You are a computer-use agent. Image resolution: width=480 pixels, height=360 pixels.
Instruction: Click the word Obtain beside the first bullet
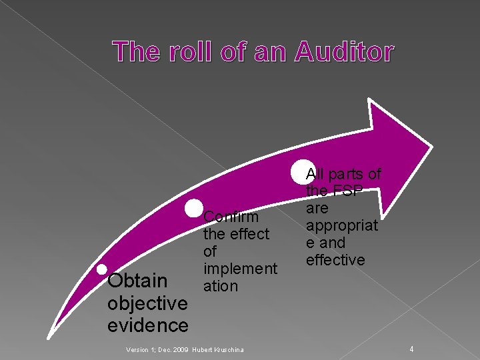138,281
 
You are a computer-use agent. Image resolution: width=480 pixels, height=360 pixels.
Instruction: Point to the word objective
147,303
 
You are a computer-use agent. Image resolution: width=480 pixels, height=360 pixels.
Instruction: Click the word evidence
147,325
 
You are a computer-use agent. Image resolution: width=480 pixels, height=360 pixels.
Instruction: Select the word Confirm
231,217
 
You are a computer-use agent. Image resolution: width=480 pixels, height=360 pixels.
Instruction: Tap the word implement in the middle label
240,269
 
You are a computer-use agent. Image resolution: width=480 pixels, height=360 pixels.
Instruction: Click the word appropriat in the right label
342,225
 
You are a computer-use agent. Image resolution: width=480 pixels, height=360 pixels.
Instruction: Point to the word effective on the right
335,260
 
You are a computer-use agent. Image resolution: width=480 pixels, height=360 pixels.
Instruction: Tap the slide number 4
412,349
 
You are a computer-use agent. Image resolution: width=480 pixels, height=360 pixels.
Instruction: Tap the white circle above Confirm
194,208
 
